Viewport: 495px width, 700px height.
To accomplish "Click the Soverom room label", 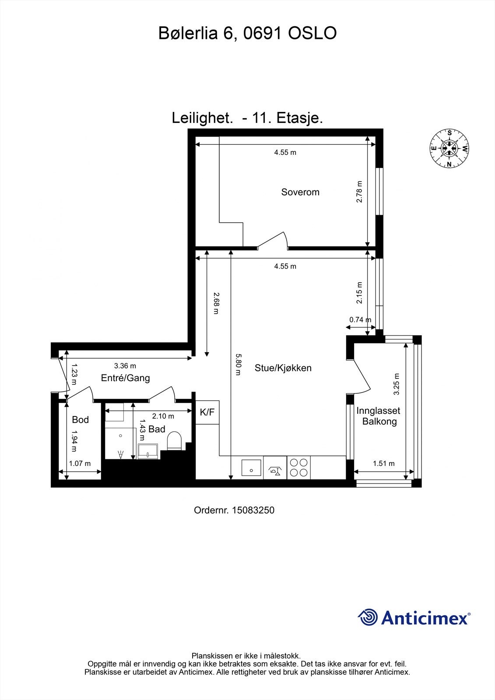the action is coord(300,192).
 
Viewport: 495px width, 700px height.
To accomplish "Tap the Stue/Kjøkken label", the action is coord(283,368).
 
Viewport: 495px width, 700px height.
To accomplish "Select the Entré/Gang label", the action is coord(126,378).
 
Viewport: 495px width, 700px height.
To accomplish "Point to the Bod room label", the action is coord(81,420).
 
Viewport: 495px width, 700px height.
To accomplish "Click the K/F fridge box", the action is coord(207,412).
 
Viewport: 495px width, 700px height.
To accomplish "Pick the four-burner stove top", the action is coord(298,468).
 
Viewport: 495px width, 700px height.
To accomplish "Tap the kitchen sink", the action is coord(251,468).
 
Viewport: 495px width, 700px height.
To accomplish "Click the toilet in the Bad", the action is coord(175,441).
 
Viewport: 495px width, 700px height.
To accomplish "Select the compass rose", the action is coord(449,148).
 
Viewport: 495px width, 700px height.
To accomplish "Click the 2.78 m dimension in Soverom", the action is coord(359,192).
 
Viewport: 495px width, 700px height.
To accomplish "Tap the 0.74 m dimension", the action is coord(360,320).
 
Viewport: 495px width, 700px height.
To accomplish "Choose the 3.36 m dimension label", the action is coord(125,366).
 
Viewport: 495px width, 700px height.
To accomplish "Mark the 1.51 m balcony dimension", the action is coord(384,463).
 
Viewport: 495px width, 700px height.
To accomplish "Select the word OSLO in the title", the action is coord(312,33).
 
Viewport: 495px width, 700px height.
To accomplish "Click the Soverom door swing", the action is coord(272,241).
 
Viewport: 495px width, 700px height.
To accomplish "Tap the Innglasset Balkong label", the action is coord(379,416).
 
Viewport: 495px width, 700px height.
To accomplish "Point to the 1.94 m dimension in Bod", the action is coord(74,441).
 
